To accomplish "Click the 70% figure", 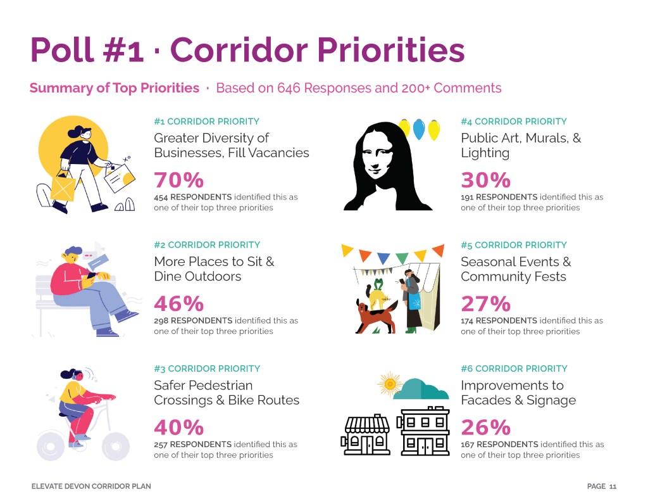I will click(179, 181).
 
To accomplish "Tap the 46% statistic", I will click(179, 304).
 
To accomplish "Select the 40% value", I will click(179, 428).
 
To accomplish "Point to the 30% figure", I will click(485, 181).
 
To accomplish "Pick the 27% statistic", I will click(485, 304).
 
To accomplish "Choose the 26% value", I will click(485, 428).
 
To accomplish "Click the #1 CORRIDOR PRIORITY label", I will click(206, 122).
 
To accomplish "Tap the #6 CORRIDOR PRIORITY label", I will click(514, 369).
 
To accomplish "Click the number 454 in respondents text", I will click(161, 197).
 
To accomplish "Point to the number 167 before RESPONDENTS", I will click(468, 444).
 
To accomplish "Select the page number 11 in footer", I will click(613, 486).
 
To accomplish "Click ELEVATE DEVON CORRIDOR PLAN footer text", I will click(91, 486).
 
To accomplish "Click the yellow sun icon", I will click(389, 383).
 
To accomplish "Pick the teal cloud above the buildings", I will click(420, 388).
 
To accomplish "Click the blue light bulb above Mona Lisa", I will click(418, 130).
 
